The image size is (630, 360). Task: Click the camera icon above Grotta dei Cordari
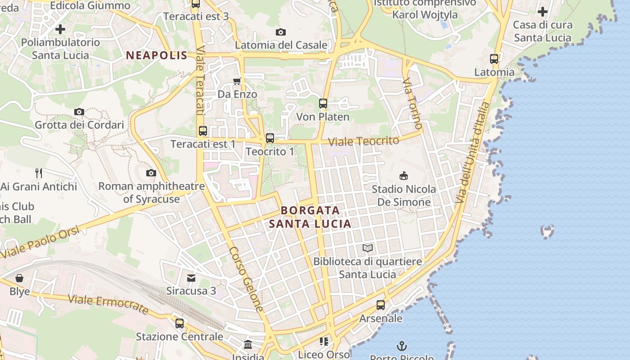(x=79, y=112)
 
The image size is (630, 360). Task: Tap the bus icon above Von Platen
(x=323, y=103)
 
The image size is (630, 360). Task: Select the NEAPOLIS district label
(x=157, y=56)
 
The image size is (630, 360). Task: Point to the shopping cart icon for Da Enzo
(x=237, y=81)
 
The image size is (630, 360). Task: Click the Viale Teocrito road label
(x=364, y=141)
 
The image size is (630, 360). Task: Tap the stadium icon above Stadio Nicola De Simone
(x=404, y=175)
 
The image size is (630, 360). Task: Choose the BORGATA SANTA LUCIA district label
(x=310, y=217)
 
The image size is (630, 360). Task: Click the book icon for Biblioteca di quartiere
(x=368, y=248)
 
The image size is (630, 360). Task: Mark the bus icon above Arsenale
(x=381, y=305)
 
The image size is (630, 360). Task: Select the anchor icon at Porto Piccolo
(x=402, y=346)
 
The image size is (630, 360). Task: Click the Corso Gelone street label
(x=246, y=279)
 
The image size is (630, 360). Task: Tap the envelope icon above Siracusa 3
(x=191, y=278)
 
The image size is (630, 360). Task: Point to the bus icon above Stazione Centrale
(x=180, y=323)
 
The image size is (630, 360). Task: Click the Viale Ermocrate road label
(x=108, y=304)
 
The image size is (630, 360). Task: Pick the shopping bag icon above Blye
(x=19, y=278)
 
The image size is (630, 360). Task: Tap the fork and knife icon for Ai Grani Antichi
(x=39, y=173)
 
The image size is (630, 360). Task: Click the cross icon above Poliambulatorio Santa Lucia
(x=60, y=29)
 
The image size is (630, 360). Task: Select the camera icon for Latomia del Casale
(x=281, y=32)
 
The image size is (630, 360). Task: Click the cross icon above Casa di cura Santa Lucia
(x=543, y=11)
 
